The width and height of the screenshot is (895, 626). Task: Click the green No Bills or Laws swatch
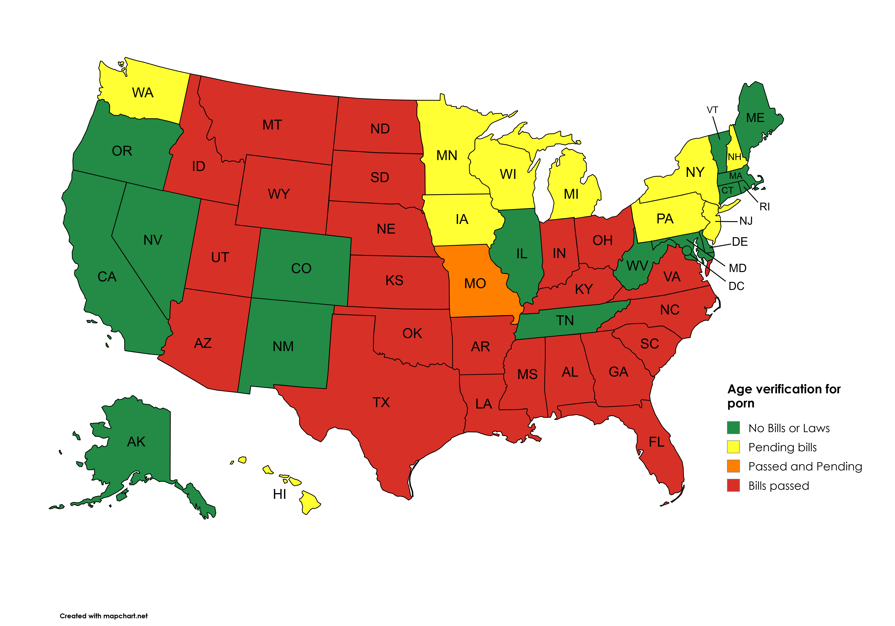pyautogui.click(x=733, y=428)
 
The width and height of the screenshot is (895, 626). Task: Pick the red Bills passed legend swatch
pyautogui.click(x=733, y=485)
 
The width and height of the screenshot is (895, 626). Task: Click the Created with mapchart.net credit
pyautogui.click(x=104, y=616)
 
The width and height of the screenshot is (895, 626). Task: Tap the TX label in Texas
pyautogui.click(x=381, y=402)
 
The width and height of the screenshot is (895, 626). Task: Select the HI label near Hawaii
pyautogui.click(x=279, y=494)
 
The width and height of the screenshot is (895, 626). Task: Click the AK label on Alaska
pyautogui.click(x=136, y=442)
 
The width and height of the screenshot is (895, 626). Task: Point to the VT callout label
pyautogui.click(x=712, y=110)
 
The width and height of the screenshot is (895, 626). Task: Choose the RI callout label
pyautogui.click(x=764, y=207)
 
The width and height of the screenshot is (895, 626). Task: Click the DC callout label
pyautogui.click(x=736, y=286)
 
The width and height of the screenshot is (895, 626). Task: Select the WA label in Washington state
pyautogui.click(x=143, y=93)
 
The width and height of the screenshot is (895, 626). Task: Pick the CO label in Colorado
pyautogui.click(x=301, y=268)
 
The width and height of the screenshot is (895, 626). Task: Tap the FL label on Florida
pyautogui.click(x=656, y=442)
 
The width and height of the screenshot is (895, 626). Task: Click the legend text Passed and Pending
pyautogui.click(x=805, y=466)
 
